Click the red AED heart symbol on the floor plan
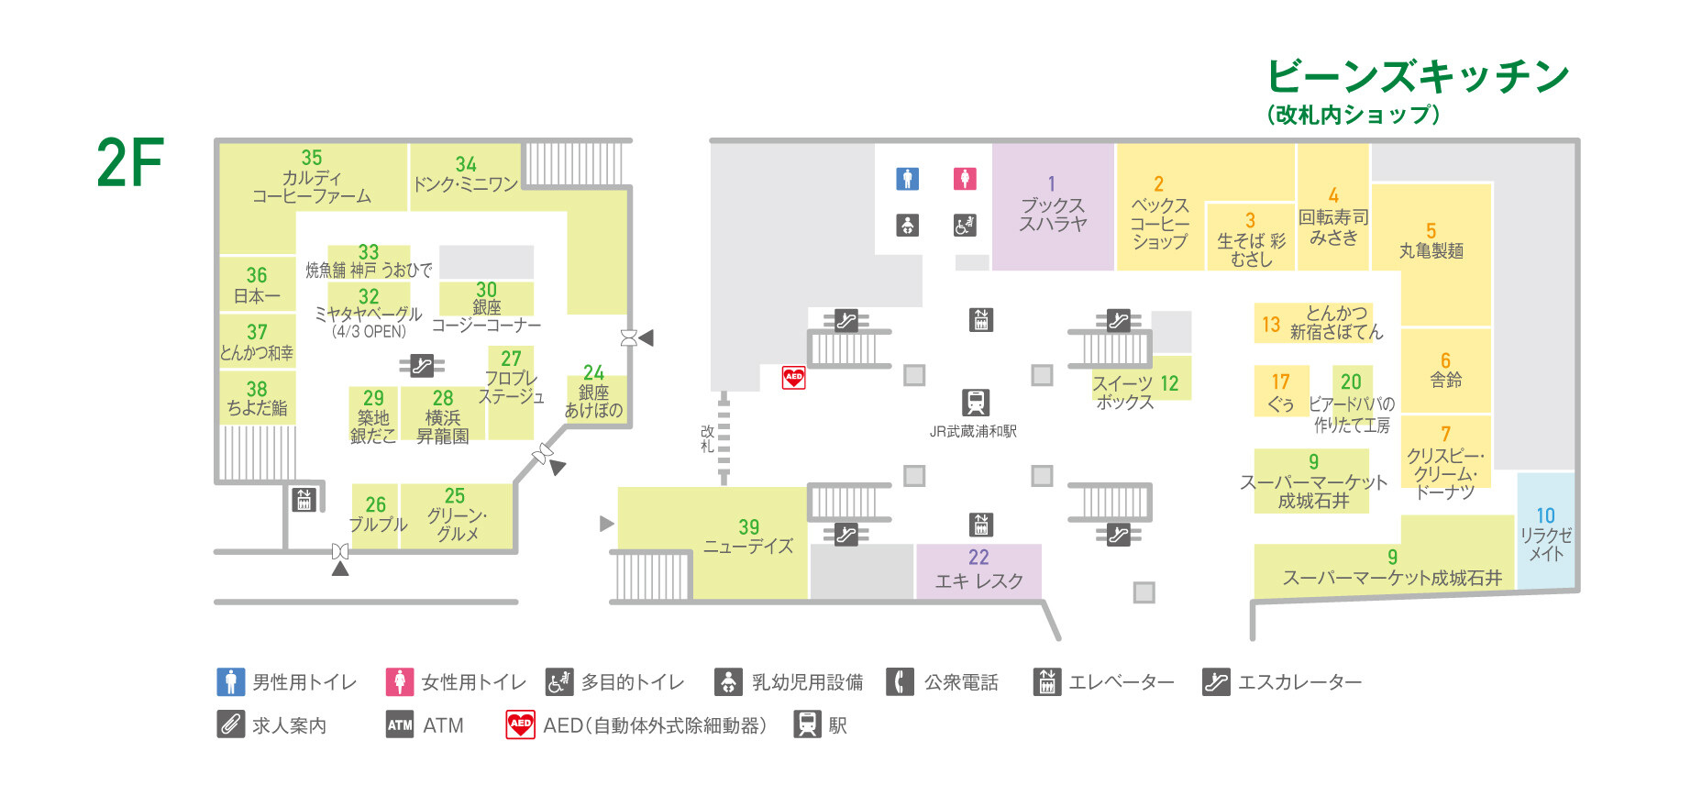click(x=793, y=378)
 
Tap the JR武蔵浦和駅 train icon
click(x=975, y=403)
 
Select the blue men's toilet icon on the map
click(x=908, y=179)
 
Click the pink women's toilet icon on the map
click(x=965, y=179)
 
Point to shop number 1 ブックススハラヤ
click(x=1053, y=206)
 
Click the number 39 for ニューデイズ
click(x=749, y=527)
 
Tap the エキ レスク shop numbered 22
click(x=978, y=570)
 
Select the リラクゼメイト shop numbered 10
click(x=1545, y=532)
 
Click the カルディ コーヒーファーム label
click(x=312, y=187)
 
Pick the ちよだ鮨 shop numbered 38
click(x=258, y=398)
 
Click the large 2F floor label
click(x=130, y=163)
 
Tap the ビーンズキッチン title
click(x=1418, y=76)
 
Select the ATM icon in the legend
click(x=400, y=724)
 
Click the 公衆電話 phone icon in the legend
click(x=900, y=681)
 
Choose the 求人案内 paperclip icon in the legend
click(x=230, y=724)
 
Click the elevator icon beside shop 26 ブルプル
click(x=304, y=500)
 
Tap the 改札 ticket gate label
click(x=707, y=438)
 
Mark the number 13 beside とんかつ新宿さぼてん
click(x=1271, y=325)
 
